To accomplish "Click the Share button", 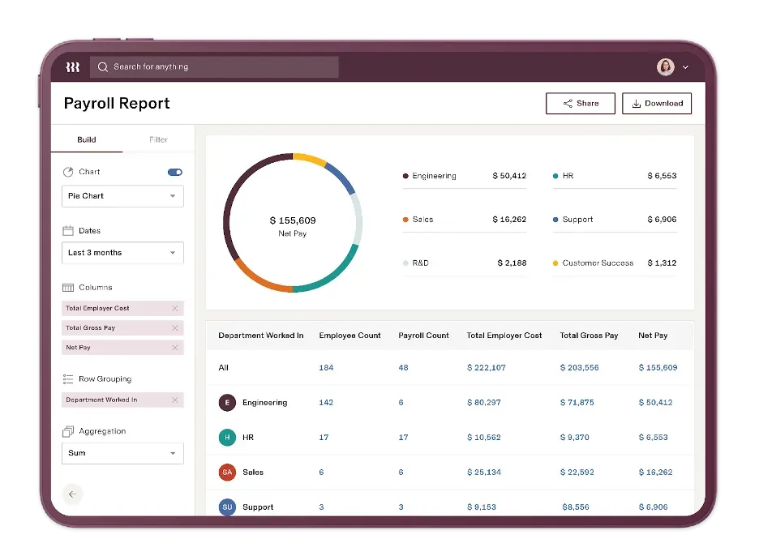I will click(580, 104).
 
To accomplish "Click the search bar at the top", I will click(214, 67).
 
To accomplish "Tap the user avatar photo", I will click(665, 67).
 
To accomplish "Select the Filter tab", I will click(158, 139).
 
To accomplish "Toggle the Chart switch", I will click(174, 172).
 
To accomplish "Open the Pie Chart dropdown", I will click(122, 196).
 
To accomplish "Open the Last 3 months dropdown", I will click(122, 253).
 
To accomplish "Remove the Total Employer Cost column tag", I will click(174, 309).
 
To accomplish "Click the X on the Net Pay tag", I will click(174, 348).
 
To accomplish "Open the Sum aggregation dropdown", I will click(122, 453).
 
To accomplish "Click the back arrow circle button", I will click(73, 494).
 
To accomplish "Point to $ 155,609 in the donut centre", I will click(293, 220).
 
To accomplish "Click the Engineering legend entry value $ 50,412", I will click(509, 176).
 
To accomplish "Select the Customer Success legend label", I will click(598, 263).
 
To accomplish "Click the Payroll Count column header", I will click(423, 336).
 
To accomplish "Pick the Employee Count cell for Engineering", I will click(326, 403).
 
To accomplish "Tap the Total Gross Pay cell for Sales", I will click(577, 473).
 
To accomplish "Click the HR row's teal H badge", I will click(227, 438).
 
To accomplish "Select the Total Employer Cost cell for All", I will click(486, 368).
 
